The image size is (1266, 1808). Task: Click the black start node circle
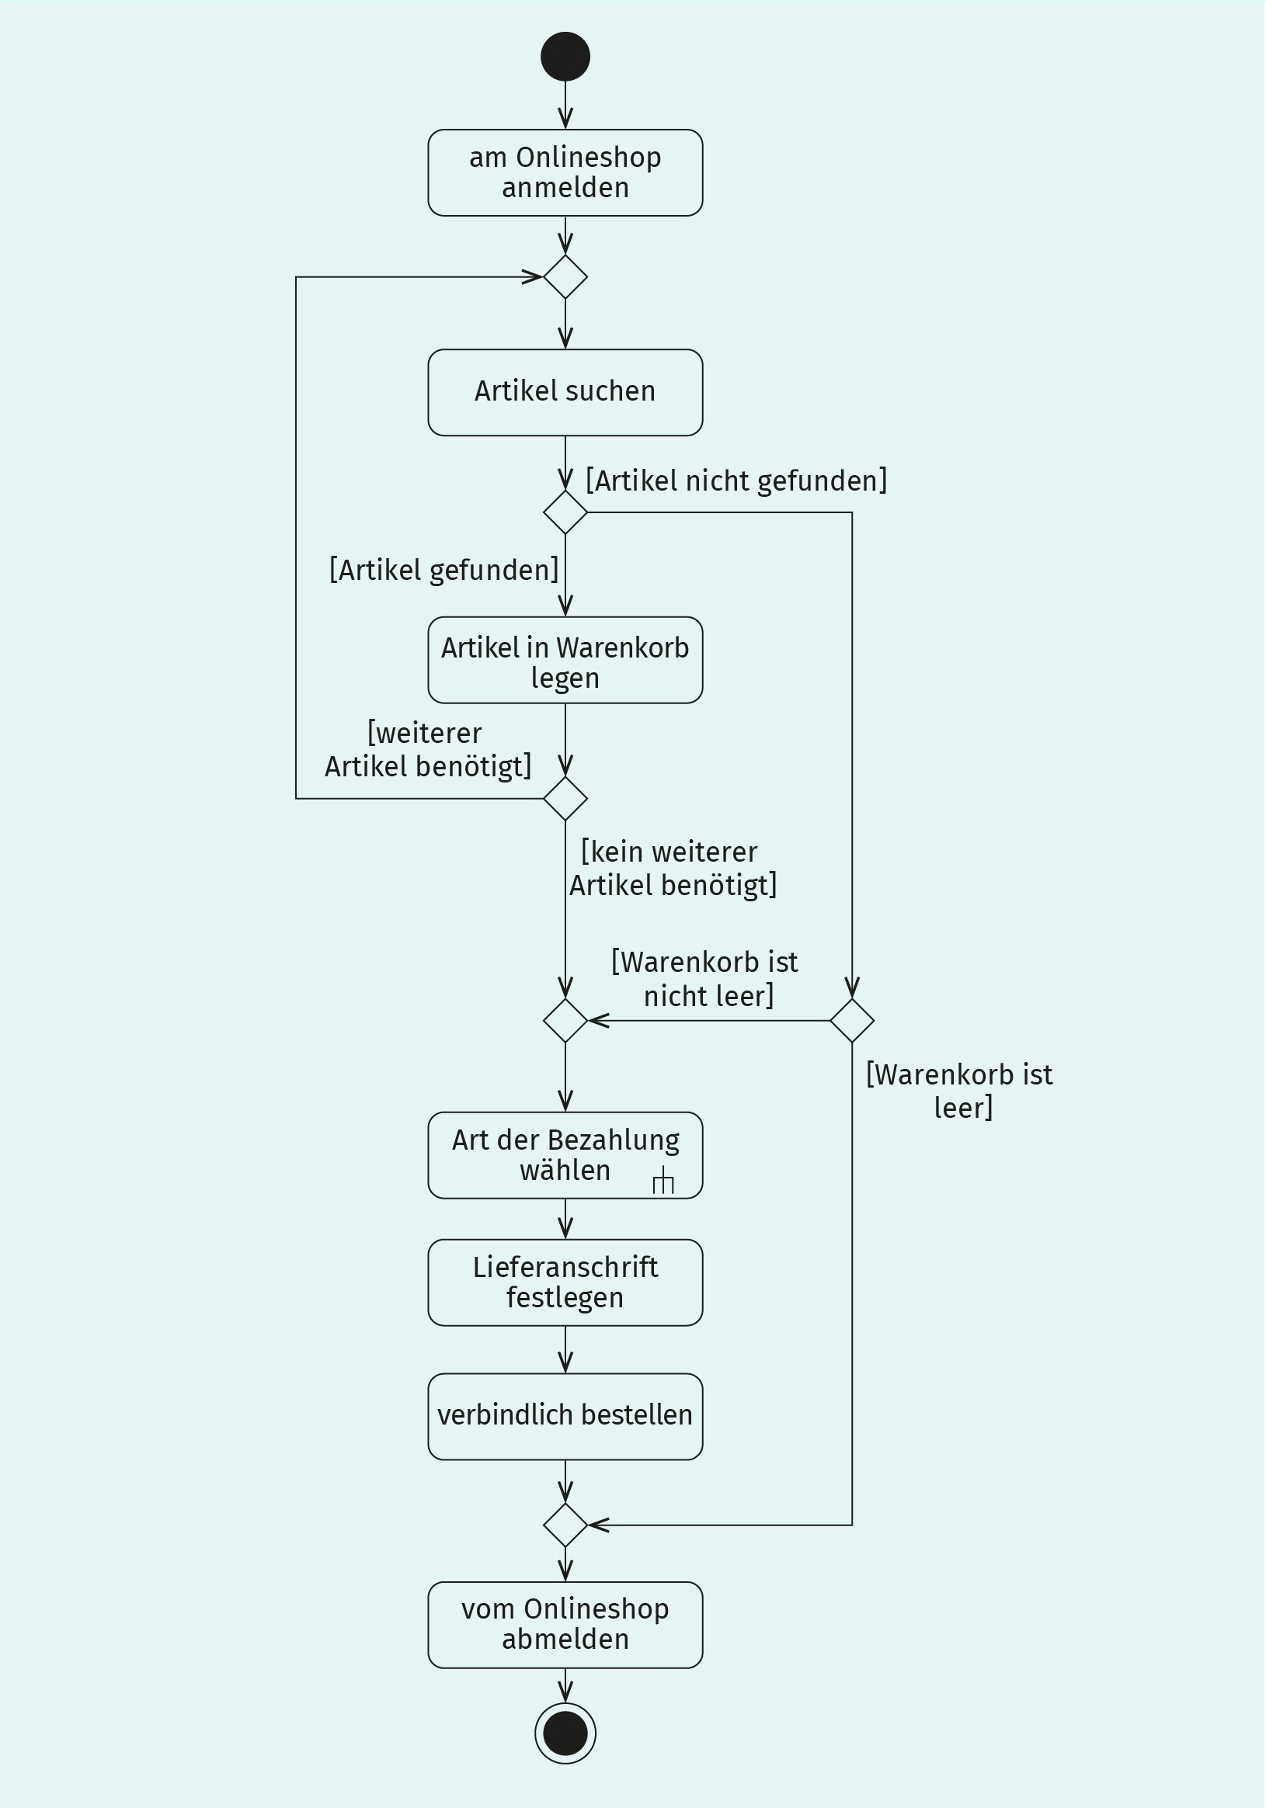pos(565,57)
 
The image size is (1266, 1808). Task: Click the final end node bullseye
pos(565,1733)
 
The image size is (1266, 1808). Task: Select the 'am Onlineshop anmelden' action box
pos(565,172)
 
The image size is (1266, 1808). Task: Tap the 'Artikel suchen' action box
pos(565,392)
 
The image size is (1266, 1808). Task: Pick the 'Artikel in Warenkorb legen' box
pos(565,660)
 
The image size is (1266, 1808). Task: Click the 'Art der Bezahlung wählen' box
pos(565,1155)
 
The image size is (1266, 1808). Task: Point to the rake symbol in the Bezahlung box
pos(663,1180)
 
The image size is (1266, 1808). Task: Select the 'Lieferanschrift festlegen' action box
pos(565,1282)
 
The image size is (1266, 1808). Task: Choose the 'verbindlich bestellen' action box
pos(565,1417)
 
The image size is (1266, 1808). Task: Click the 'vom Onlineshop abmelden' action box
pos(565,1625)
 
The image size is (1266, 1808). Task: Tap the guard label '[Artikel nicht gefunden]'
pos(736,481)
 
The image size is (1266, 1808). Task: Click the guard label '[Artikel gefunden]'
pos(444,569)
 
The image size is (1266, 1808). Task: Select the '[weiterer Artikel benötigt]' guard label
pos(429,750)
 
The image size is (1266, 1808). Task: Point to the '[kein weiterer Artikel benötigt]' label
pos(673,869)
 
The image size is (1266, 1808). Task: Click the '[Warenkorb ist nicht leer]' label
pos(705,979)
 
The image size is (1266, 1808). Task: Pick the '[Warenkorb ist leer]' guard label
pos(959,1091)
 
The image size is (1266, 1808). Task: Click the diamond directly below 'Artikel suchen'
pos(565,512)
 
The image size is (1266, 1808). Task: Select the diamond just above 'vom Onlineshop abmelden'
pos(565,1525)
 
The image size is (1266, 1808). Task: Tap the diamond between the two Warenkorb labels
pos(852,1021)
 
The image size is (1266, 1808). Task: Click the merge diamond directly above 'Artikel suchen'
pos(565,277)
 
